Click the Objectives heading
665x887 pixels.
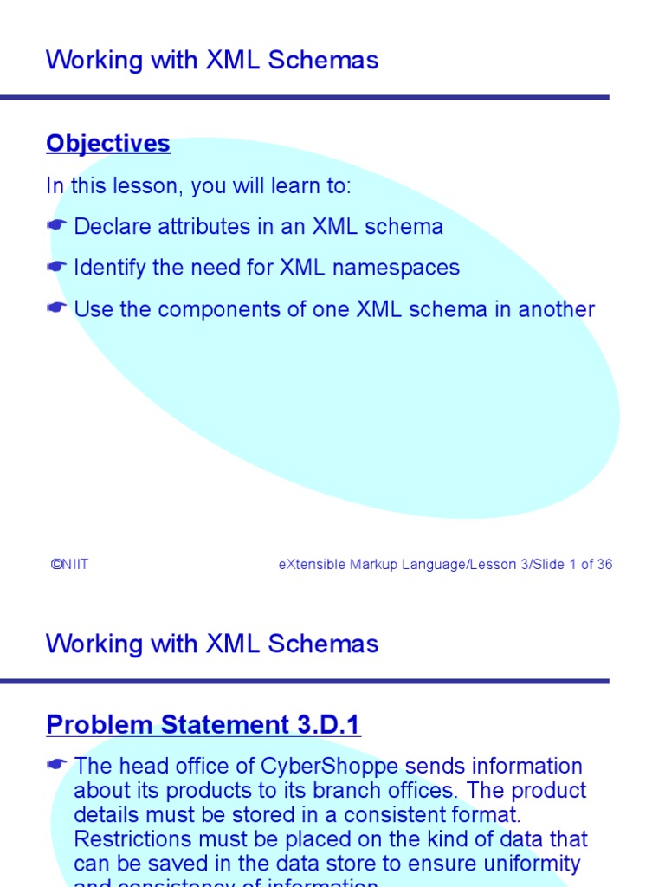click(108, 143)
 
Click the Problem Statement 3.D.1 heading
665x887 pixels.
click(203, 724)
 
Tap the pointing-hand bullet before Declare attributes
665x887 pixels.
click(57, 227)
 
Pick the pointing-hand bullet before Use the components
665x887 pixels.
click(57, 309)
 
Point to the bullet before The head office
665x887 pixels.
click(57, 767)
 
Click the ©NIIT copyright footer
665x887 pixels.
click(69, 565)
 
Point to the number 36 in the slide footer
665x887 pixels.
click(604, 565)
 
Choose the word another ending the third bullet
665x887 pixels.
click(556, 309)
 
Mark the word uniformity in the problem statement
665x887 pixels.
click(532, 864)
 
